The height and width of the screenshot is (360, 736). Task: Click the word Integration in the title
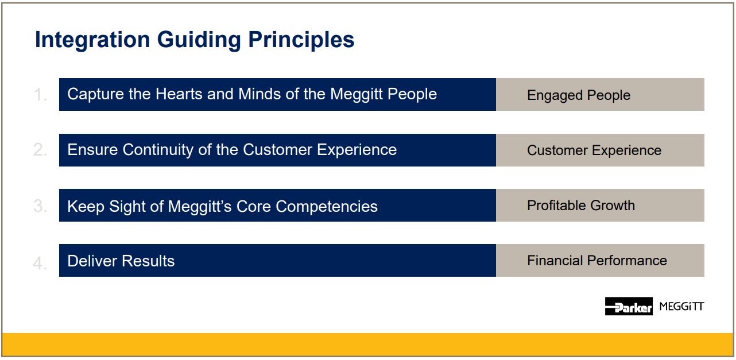[x=92, y=40]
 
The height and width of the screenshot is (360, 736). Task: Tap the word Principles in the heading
[x=301, y=40]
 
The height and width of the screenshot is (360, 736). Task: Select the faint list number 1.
[x=40, y=95]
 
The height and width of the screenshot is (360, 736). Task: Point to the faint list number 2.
[x=40, y=150]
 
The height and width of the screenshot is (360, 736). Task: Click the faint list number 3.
[x=40, y=206]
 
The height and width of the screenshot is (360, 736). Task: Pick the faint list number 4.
[x=40, y=263]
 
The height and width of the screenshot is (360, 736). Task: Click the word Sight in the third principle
[x=127, y=207]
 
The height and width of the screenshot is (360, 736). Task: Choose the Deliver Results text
[x=121, y=261]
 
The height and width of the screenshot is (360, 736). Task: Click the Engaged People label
[x=579, y=95]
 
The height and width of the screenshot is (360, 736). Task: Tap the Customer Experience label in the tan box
[x=594, y=150]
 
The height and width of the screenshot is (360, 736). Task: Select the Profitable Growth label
[x=581, y=206]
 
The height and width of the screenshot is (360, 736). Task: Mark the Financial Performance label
[x=597, y=261]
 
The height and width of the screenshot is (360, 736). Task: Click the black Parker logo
[x=629, y=306]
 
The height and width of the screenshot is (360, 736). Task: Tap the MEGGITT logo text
[x=681, y=307]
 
